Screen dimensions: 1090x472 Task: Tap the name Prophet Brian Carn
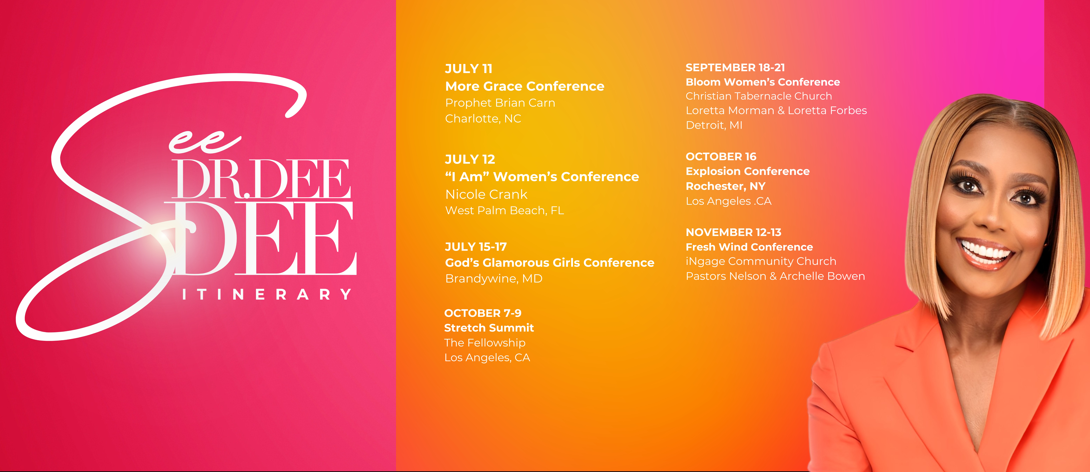(500, 103)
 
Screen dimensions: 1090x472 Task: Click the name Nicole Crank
(486, 194)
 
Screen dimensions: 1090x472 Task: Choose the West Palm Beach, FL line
(504, 210)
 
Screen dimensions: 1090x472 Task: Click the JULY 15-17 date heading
(476, 247)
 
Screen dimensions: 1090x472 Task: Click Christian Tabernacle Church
(759, 96)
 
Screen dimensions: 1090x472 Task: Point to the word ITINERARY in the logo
(267, 294)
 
